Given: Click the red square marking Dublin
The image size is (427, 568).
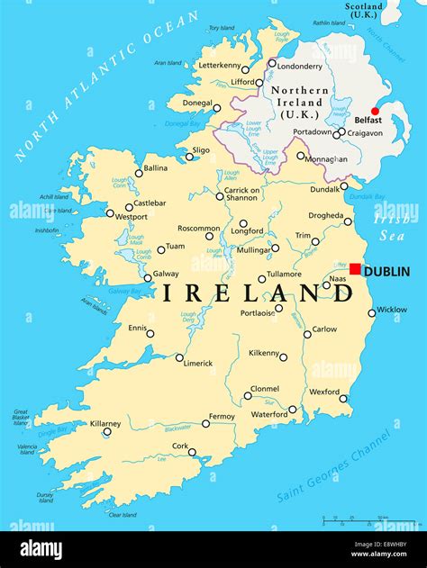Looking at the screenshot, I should [x=356, y=269].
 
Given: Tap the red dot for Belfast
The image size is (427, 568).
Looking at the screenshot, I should [x=376, y=112].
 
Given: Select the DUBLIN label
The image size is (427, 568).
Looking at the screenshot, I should [x=386, y=271].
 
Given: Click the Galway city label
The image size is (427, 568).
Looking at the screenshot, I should [x=166, y=274].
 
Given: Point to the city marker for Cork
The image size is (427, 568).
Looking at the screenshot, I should [x=192, y=453].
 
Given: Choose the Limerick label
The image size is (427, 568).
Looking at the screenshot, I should [x=197, y=364].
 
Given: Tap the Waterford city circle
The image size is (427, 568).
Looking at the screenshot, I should [x=292, y=410].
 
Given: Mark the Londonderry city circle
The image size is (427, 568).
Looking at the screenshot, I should [x=272, y=63].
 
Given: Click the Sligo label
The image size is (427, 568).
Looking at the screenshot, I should [x=201, y=150].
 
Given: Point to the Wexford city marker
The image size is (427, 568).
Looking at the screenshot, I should [x=343, y=398].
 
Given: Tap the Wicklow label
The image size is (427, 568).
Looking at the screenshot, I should [x=391, y=310].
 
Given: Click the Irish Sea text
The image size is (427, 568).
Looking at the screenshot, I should [x=394, y=227].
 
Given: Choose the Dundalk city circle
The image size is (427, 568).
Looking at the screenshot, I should [x=344, y=186].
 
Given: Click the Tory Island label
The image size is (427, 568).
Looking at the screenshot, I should [x=221, y=28].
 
